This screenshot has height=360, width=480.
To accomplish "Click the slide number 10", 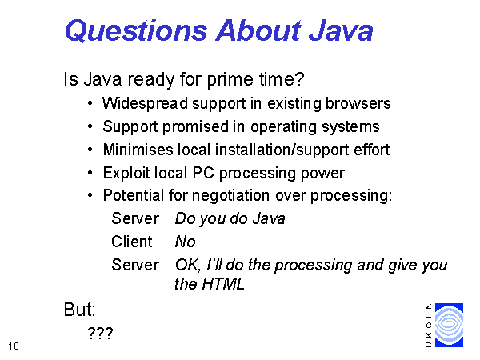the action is [14, 346].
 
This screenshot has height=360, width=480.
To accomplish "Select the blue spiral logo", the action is [449, 325].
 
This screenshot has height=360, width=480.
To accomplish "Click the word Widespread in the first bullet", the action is [145, 103].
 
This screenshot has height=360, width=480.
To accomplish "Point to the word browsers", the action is [358, 103].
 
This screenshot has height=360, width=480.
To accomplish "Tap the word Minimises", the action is [138, 150].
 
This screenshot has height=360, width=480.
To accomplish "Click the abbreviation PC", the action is [203, 173].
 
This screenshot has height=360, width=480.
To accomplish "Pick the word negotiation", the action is [230, 196].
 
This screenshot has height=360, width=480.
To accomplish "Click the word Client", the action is [132, 242].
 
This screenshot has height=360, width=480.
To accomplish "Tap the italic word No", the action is [185, 242].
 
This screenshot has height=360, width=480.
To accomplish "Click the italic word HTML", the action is [223, 284].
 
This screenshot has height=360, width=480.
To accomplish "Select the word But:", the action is [79, 310].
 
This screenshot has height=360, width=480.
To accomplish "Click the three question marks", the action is [101, 333].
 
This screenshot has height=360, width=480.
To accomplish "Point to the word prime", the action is [230, 79].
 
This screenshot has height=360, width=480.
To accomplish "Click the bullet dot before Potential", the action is [90, 195].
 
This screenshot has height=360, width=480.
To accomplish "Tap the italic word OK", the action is [188, 265].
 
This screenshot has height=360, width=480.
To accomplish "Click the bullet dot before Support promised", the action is [90, 126].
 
